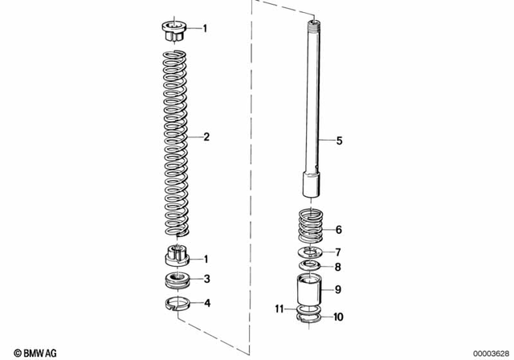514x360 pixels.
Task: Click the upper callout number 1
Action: pos(205,29)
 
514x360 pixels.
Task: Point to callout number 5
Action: pos(339,141)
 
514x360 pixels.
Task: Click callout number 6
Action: pos(338,229)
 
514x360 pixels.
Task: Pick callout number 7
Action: pos(338,252)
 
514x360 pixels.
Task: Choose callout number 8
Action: pos(338,267)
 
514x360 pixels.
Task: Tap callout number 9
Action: pos(338,289)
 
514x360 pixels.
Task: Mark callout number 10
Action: pos(338,317)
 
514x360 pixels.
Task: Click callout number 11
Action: pos(280,309)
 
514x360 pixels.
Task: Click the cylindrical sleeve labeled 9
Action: pos(308,290)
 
